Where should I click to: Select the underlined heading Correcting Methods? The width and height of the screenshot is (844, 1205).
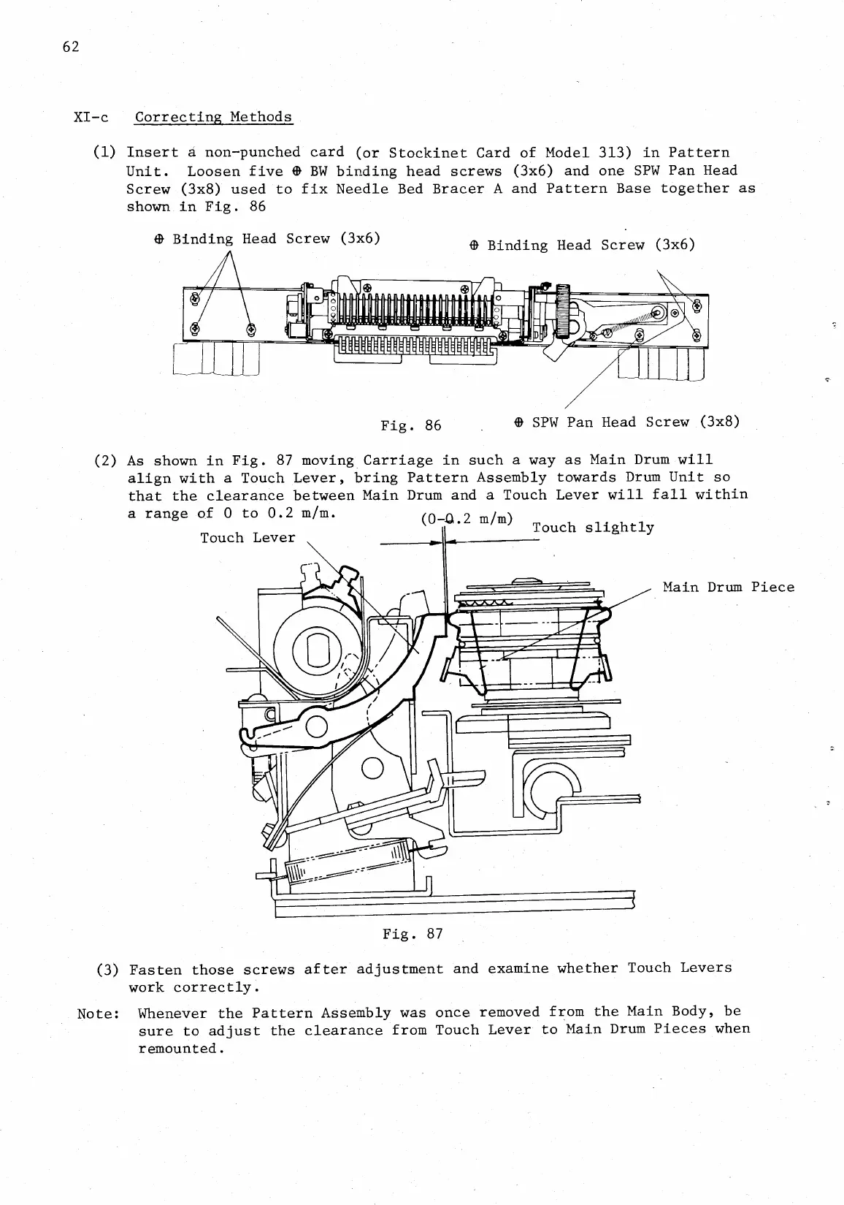213,117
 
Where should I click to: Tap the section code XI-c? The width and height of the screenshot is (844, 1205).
91,117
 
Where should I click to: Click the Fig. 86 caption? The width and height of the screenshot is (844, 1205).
411,425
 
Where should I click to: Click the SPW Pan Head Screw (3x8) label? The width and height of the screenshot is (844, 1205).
627,422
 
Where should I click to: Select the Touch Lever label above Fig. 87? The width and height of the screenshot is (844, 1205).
248,538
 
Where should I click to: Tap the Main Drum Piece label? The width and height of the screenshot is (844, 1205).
728,588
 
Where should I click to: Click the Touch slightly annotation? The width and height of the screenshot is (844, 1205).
593,528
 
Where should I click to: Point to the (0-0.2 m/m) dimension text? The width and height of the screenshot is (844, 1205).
468,520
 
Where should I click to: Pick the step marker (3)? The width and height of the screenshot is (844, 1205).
108,970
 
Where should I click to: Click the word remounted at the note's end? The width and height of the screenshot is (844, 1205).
179,1049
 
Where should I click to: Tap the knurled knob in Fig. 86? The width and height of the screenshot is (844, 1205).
563,311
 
